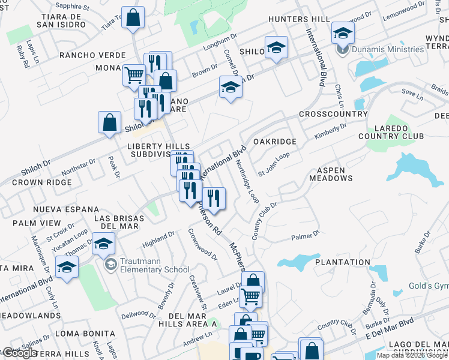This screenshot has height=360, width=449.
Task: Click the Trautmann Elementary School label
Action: tap(147, 265)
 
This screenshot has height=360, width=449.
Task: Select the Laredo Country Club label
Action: tap(399, 132)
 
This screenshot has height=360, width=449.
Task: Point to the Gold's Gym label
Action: tap(429, 286)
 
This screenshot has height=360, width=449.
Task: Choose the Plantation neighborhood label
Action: tap(344, 262)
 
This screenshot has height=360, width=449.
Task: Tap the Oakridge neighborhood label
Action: tap(275, 141)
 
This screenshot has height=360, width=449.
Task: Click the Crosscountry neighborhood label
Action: tap(333, 114)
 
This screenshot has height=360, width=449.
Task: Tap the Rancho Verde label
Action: tap(92, 55)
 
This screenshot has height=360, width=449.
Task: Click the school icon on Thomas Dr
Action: tap(103, 244)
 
